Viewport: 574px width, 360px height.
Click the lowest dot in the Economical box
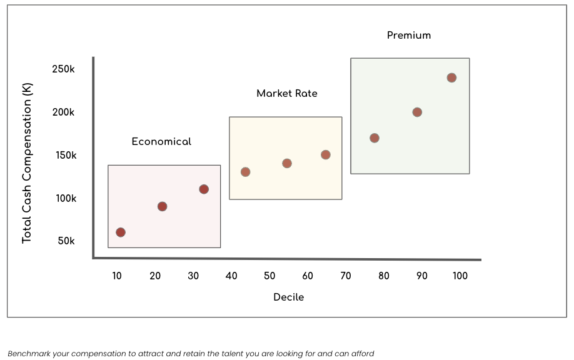tap(121, 232)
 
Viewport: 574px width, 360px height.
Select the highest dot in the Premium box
tap(451, 78)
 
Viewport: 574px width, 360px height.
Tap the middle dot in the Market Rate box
tap(287, 164)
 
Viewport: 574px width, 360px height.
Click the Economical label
tap(161, 142)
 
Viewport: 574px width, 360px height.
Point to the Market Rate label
tap(287, 94)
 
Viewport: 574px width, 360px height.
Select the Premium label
tap(409, 36)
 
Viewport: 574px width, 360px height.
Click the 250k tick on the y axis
tap(64, 69)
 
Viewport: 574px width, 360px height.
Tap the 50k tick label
tap(66, 241)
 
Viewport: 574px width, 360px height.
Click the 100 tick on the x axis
tap(460, 276)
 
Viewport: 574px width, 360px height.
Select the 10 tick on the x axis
tap(118, 276)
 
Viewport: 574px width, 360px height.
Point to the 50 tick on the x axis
tap(269, 276)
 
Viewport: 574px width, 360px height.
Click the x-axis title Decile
tap(289, 297)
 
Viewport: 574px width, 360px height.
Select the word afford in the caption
tap(363, 354)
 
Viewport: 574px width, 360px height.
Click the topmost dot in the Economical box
tap(204, 189)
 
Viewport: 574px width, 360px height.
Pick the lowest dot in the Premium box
tap(375, 138)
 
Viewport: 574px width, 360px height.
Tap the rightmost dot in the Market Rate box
tap(326, 155)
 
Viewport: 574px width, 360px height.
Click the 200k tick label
tap(64, 112)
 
